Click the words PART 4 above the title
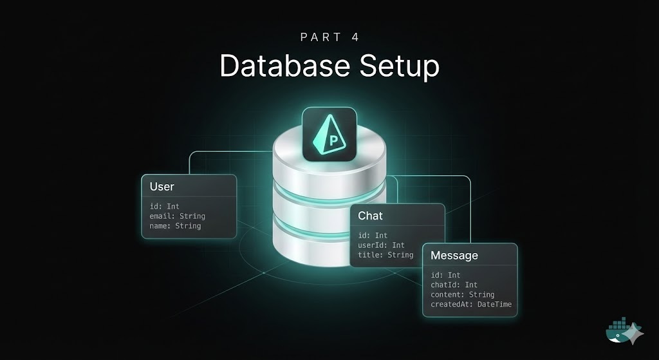329,37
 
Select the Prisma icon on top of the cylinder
329,134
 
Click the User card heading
162,187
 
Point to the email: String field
178,216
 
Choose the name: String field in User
175,226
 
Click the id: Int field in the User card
164,207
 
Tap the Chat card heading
370,215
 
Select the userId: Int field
382,245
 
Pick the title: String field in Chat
385,255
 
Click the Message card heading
454,256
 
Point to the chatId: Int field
454,285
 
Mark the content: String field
463,295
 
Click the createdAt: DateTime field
471,305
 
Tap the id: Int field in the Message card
445,276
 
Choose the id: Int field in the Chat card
373,236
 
